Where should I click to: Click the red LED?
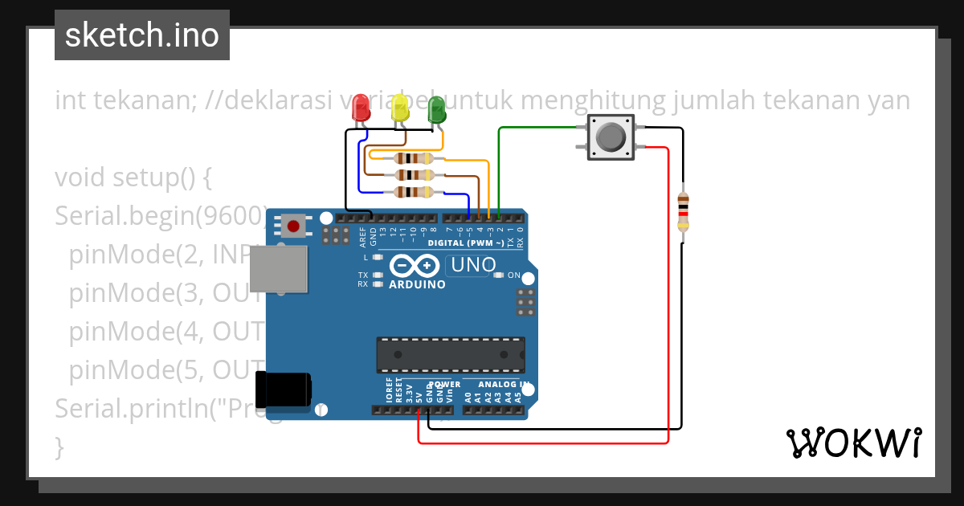(361, 108)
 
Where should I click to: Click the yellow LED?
(399, 110)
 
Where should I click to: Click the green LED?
(436, 110)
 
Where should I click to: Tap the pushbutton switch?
(611, 137)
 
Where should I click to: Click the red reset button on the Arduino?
(294, 226)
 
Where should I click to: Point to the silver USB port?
(278, 268)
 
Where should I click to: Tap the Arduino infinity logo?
(415, 265)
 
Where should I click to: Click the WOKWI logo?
(853, 443)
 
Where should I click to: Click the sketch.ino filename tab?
(142, 35)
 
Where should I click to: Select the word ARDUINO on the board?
(417, 284)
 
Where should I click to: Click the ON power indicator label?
(514, 275)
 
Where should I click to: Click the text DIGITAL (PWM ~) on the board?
(465, 243)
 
